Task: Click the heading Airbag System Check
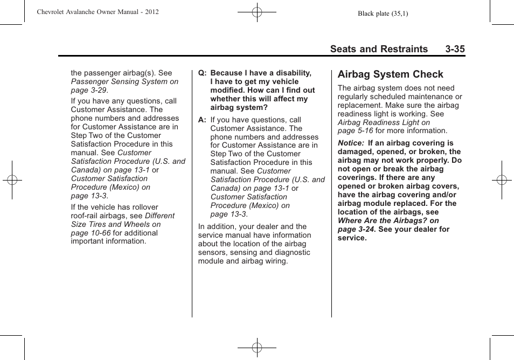(390, 74)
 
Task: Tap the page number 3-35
(455, 49)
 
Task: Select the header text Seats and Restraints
(379, 49)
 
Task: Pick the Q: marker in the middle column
(203, 73)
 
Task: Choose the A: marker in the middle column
(203, 120)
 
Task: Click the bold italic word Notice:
(351, 143)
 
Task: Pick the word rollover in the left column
(141, 207)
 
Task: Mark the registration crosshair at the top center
(257, 12)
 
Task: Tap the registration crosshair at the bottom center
(257, 348)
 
